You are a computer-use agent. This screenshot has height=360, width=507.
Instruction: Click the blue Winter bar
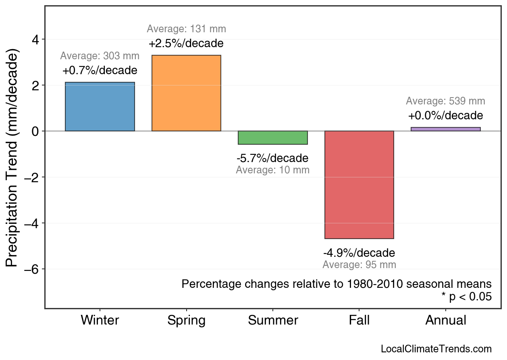click(x=100, y=107)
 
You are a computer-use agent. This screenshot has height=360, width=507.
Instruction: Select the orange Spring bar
click(x=186, y=93)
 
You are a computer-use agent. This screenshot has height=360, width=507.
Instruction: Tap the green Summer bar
click(x=273, y=138)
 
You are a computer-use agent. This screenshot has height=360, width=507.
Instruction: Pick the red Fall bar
click(x=359, y=185)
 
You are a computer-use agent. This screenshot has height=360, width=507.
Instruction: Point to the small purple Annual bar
click(x=446, y=129)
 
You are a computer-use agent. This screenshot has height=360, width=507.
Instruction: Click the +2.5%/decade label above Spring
click(x=186, y=43)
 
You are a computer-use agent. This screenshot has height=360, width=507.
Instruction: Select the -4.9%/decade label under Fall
click(x=359, y=253)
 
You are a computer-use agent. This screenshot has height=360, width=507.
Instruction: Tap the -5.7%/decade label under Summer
click(x=273, y=158)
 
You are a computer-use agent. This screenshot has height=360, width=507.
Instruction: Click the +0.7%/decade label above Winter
click(x=100, y=71)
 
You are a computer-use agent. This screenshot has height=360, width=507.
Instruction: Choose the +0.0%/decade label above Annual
click(x=446, y=116)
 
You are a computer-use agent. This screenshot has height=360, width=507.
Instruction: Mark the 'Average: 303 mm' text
click(x=100, y=56)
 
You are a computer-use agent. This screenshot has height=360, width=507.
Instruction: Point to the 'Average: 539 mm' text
click(x=446, y=101)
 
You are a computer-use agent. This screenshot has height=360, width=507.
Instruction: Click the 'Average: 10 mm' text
click(x=273, y=170)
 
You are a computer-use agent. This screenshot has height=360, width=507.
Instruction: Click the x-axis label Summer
click(x=273, y=320)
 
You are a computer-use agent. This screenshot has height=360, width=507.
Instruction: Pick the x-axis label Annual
click(x=446, y=320)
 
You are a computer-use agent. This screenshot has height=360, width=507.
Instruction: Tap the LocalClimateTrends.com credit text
click(x=436, y=349)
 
